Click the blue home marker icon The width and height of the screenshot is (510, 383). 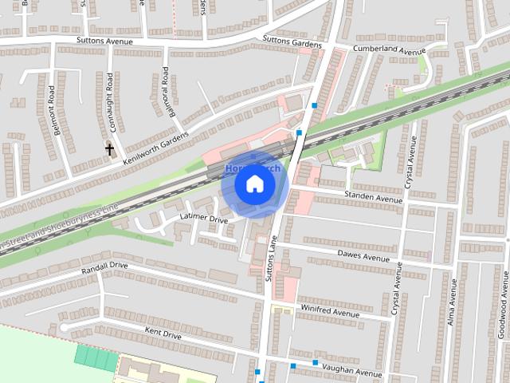click(x=254, y=184)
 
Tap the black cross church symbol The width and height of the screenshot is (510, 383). click(x=110, y=149)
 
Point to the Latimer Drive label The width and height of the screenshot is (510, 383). click(x=203, y=218)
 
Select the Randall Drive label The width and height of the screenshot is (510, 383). click(x=104, y=267)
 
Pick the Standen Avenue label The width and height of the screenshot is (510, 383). click(x=374, y=195)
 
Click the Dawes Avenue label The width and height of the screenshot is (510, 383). click(x=363, y=257)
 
